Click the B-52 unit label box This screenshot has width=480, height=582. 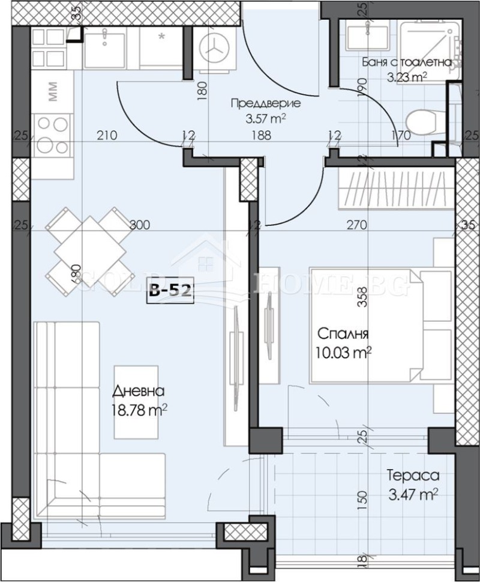pos(170,292)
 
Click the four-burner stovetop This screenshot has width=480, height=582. pos(52,135)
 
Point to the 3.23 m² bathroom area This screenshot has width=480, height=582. pos(406,76)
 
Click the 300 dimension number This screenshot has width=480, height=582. pos(139,226)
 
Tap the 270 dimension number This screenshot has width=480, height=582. pos(356,226)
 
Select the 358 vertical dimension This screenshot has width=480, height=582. pos(361,299)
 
